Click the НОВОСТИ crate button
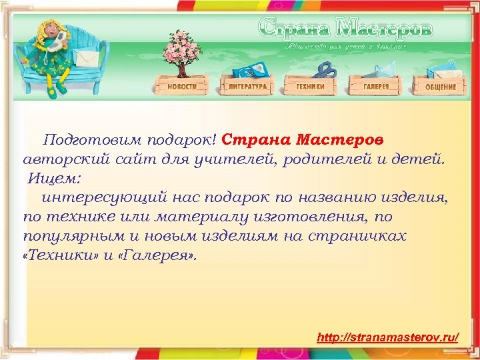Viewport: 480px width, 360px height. pyautogui.click(x=182, y=87)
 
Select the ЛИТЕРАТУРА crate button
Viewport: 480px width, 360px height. pyautogui.click(x=247, y=87)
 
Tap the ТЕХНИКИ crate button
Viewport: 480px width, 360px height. pyautogui.click(x=311, y=87)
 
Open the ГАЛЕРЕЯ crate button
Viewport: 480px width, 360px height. pyautogui.click(x=376, y=87)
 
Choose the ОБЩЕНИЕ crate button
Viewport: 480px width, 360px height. pyautogui.click(x=439, y=87)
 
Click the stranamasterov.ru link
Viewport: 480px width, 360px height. pyautogui.click(x=389, y=338)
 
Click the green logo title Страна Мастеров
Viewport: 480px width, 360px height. pyautogui.click(x=345, y=29)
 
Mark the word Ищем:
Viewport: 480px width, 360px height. pyautogui.click(x=55, y=179)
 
